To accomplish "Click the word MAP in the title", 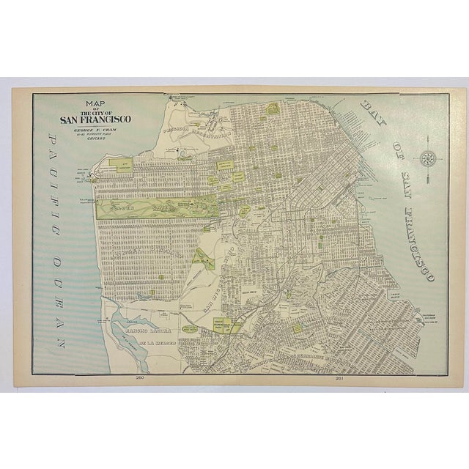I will pos(95,103).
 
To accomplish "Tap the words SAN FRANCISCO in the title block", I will pos(96,121).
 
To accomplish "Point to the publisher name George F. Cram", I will pos(96,130).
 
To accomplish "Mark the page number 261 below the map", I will pos(340,379).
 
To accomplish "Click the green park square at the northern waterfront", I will pos(273,108).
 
